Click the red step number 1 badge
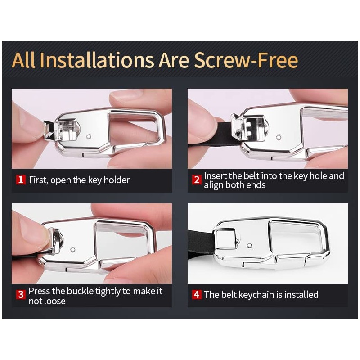(x=21, y=180)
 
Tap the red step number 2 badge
(x=197, y=180)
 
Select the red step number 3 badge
(x=21, y=294)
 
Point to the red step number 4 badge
(x=197, y=294)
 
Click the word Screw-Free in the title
(x=246, y=60)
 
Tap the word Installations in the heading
(x=97, y=60)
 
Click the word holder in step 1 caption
(x=117, y=180)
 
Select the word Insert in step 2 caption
(x=215, y=176)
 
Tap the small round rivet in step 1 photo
(x=89, y=137)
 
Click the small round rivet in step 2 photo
(x=279, y=138)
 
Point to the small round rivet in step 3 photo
(x=73, y=249)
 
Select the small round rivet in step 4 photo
(x=249, y=246)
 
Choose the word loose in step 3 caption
(x=54, y=301)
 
